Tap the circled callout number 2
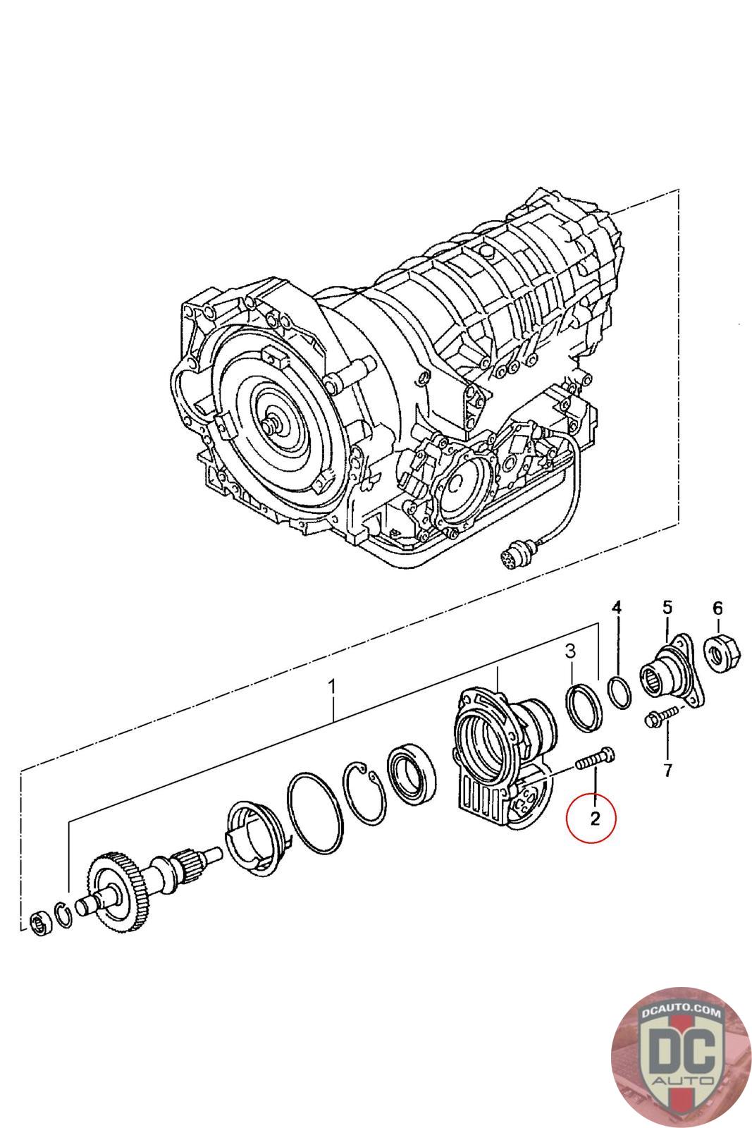(x=594, y=818)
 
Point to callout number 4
(x=617, y=607)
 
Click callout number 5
(x=667, y=607)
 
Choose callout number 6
(x=717, y=607)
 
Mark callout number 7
(x=667, y=769)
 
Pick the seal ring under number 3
(x=585, y=707)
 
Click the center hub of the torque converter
(x=271, y=426)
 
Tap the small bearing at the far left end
(x=41, y=923)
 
